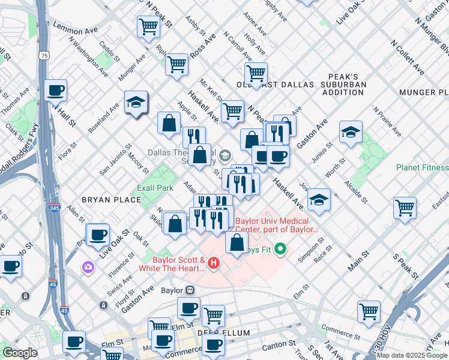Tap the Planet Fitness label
422,167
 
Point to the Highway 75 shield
44,55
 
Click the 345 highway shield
53,207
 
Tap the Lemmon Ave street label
75,27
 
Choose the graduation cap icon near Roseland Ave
136,103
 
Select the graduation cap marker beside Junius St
351,133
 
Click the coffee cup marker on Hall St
56,91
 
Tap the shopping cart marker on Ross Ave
177,64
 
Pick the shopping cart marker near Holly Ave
256,74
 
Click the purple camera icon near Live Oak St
88,266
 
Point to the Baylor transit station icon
190,290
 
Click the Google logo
20,353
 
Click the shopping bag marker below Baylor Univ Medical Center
237,242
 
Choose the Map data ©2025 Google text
412,355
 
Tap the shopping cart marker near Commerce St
369,311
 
